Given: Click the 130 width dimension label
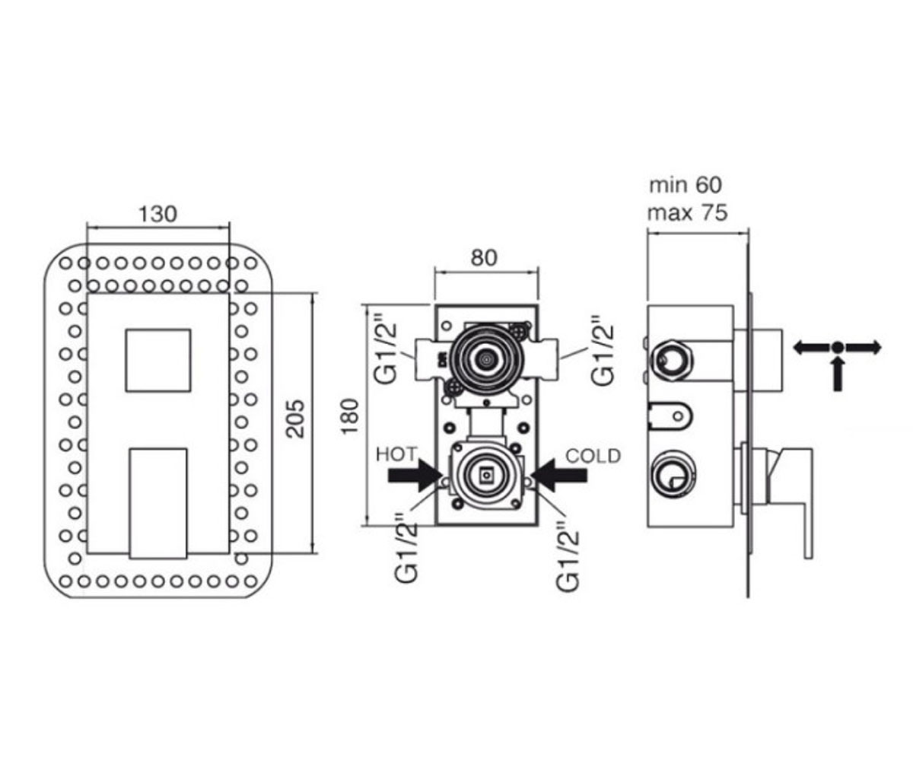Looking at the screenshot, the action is coord(157,215).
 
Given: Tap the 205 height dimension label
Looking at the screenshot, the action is coord(295,419).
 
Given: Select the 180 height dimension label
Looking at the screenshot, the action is coord(349,416).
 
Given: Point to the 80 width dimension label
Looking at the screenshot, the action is coord(484,258).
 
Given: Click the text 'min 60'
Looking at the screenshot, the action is coord(686,185).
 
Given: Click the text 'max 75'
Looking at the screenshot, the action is coord(687,213).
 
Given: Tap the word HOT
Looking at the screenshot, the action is coord(396,455).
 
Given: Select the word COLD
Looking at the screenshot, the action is coord(593,456).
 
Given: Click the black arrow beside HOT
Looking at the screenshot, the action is coord(415,475).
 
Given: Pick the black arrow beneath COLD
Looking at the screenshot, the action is coord(558,475).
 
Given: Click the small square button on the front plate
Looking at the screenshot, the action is coord(158,361).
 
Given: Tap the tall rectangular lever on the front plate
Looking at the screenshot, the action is coord(158,503).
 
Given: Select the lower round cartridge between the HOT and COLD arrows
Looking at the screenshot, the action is coord(486,474).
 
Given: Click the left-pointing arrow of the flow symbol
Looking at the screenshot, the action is coord(812,348).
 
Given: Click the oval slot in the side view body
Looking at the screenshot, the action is coord(670,415).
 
